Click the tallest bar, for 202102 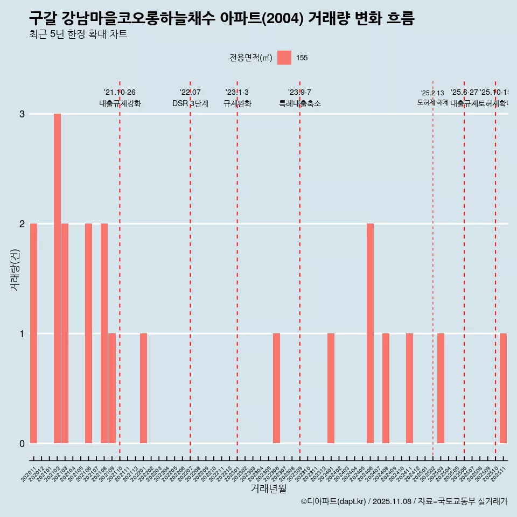(57, 278)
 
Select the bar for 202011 (33, 333)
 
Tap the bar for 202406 (370, 333)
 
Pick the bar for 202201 (143, 388)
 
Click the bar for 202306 (276, 388)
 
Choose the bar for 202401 (331, 388)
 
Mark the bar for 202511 (503, 388)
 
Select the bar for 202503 (441, 388)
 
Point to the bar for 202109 (112, 388)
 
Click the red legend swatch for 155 (284, 58)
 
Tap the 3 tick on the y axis (22, 114)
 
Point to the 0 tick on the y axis (22, 443)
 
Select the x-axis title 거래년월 (268, 488)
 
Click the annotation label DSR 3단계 (190, 103)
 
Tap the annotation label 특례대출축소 (299, 103)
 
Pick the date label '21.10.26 (120, 93)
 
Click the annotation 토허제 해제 (433, 102)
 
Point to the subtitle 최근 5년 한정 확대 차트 (78, 35)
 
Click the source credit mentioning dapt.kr (404, 501)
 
